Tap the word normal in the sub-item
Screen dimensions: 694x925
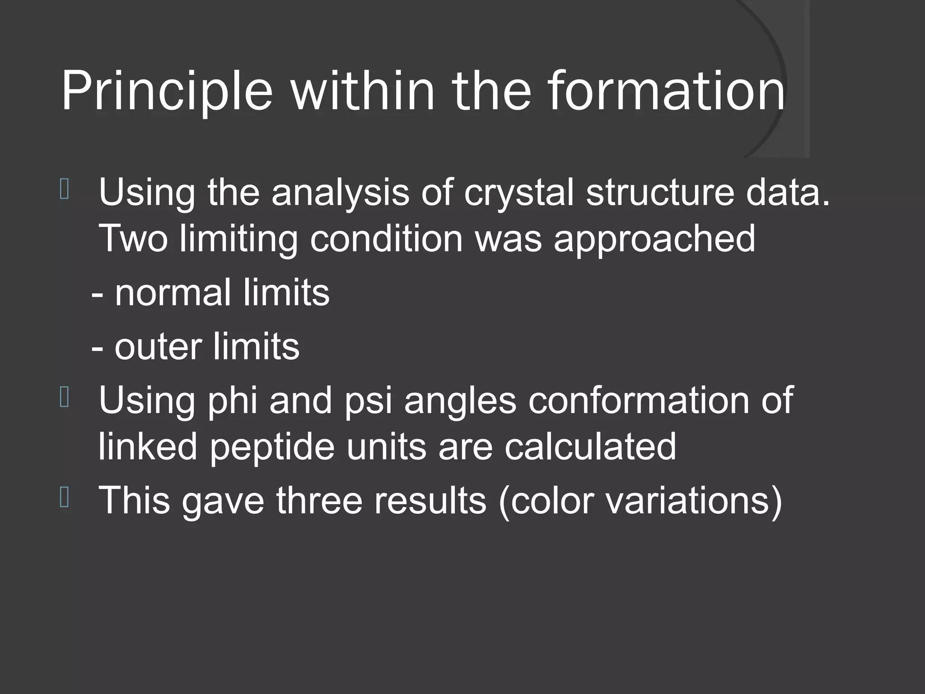click(x=173, y=293)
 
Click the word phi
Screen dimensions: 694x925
click(x=232, y=400)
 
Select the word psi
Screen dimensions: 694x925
click(x=368, y=401)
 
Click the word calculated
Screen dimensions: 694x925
click(x=590, y=446)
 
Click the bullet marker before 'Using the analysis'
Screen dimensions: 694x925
click(x=64, y=190)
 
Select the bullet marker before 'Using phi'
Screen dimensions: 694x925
click(x=64, y=398)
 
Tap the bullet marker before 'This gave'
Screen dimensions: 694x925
click(x=64, y=497)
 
